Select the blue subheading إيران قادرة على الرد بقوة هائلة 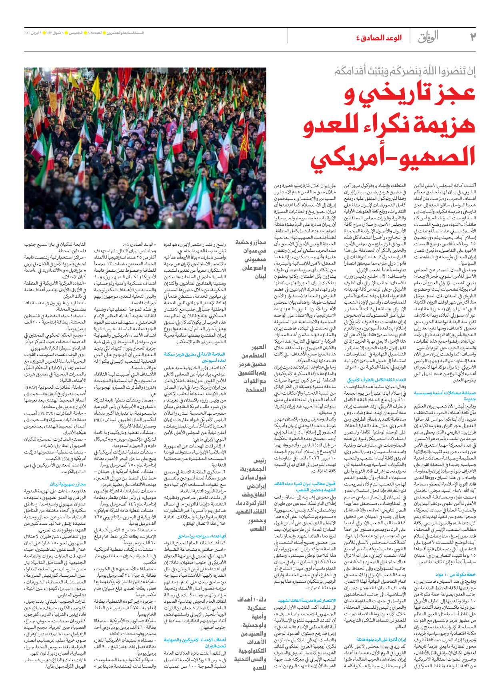(x=381, y=639)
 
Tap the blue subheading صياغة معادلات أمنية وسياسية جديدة (x=445, y=396)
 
